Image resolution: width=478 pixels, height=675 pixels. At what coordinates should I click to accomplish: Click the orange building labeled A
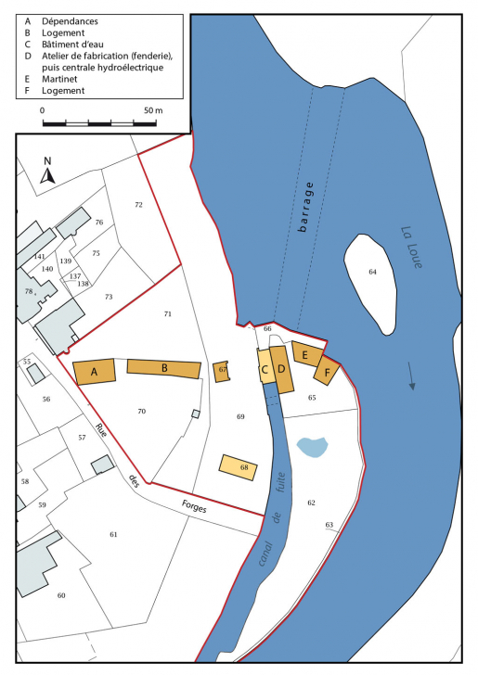pyautogui.click(x=94, y=372)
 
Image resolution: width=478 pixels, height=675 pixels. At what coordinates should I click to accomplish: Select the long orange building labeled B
pyautogui.click(x=164, y=368)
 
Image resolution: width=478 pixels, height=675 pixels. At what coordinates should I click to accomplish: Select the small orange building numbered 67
pyautogui.click(x=221, y=370)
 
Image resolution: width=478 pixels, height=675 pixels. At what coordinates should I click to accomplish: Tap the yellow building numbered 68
pyautogui.click(x=238, y=467)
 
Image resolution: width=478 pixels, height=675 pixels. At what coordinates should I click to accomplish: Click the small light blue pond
pyautogui.click(x=313, y=447)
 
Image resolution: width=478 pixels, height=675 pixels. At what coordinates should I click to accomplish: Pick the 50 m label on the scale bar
pyautogui.click(x=153, y=110)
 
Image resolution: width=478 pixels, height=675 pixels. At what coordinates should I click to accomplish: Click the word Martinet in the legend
pyautogui.click(x=62, y=79)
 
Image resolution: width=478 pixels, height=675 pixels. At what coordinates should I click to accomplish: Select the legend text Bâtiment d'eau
pyautogui.click(x=83, y=44)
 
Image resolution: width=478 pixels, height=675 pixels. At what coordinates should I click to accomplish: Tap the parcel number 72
pyautogui.click(x=138, y=204)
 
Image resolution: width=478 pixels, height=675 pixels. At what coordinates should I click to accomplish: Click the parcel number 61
pyautogui.click(x=113, y=534)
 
